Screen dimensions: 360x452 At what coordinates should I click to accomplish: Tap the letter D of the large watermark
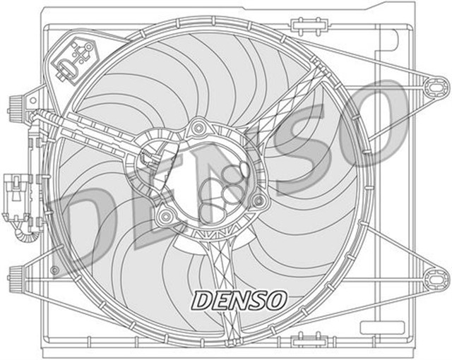tap(95, 226)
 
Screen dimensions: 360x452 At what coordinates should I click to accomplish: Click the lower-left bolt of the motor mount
tap(165, 214)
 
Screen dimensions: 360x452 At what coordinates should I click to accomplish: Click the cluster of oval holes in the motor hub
tap(225, 186)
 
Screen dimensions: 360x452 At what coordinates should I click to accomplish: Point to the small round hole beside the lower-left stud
tap(55, 270)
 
